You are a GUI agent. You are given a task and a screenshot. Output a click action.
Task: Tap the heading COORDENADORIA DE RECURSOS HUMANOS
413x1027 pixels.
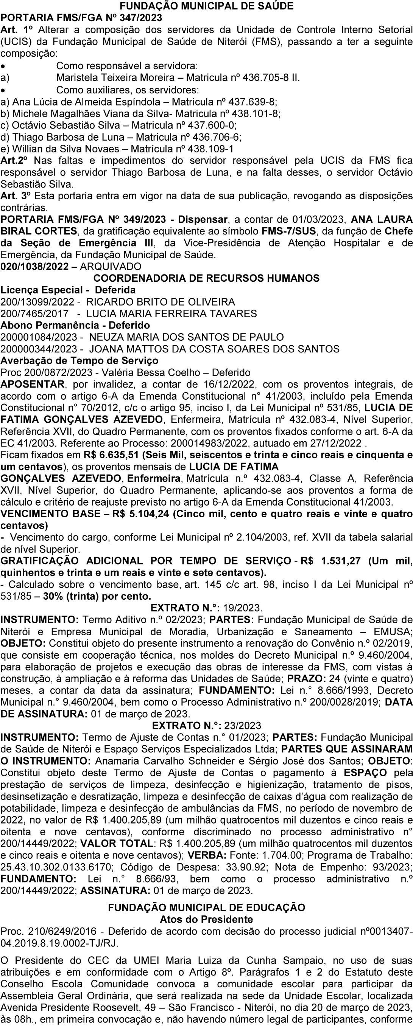click(206, 278)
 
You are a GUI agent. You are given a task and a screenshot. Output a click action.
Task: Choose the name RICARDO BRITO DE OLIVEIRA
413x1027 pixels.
click(161, 302)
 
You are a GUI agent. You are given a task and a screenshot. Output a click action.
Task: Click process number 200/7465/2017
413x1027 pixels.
click(34, 313)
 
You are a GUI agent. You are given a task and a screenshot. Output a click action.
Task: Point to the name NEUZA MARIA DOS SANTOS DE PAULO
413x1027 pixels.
click(187, 337)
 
